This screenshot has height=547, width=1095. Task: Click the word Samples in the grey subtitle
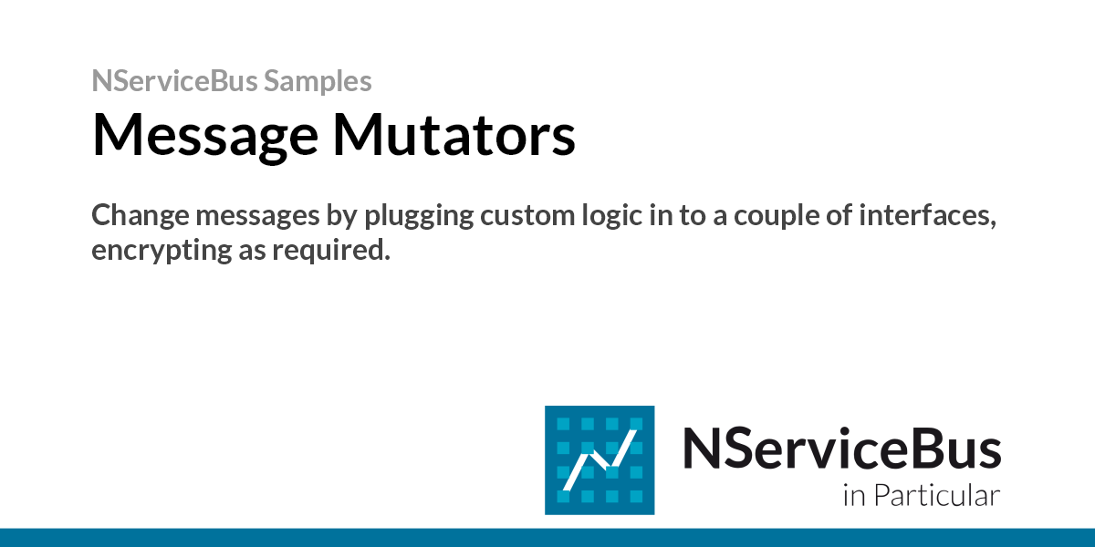318,81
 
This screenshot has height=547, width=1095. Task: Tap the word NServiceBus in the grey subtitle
174,81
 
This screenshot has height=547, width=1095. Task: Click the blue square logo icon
600,459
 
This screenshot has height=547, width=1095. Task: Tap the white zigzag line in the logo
600,459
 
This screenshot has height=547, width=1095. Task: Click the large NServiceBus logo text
842,450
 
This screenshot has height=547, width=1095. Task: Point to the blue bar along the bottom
547,537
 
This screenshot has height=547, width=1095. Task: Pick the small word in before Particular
853,497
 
